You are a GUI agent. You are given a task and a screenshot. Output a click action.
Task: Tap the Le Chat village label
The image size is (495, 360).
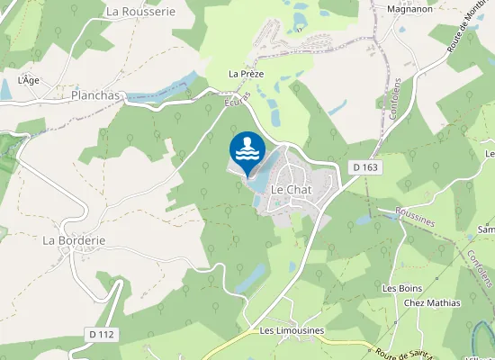click(291, 190)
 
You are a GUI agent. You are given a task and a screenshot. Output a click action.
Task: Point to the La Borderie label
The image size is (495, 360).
click(74, 241)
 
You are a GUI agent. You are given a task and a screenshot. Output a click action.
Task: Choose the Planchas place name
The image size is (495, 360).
click(96, 94)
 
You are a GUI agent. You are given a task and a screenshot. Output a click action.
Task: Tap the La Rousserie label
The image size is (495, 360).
click(139, 12)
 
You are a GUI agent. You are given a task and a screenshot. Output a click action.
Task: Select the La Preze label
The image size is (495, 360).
click(246, 74)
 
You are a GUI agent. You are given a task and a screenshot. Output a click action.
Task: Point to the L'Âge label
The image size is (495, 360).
click(30, 80)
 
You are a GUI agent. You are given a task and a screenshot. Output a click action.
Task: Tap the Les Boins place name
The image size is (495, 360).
click(402, 288)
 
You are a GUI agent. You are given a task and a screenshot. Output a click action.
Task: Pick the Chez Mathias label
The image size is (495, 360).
click(432, 303)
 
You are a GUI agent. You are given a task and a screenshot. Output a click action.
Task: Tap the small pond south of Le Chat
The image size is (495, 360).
click(249, 276)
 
